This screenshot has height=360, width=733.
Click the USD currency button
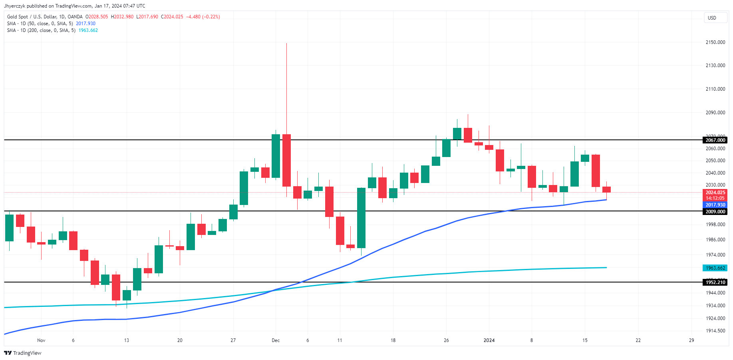[715, 18]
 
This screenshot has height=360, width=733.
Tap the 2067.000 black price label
[715, 140]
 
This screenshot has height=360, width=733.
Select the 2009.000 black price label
[715, 212]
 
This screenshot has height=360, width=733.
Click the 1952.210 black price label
[715, 282]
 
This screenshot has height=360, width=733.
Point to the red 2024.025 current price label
[715, 193]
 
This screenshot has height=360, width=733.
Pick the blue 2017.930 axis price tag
[715, 205]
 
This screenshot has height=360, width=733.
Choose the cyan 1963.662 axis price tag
[715, 268]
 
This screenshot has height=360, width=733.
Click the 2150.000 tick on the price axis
[715, 42]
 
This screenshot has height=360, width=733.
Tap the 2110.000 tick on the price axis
[715, 89]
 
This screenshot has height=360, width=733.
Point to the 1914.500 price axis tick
[715, 331]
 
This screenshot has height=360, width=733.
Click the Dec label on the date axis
[276, 340]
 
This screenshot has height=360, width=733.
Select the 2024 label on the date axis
[489, 340]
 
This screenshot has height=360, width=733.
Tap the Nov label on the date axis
[41, 340]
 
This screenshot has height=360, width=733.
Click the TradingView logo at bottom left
[23, 353]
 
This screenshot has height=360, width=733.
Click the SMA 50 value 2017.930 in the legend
[85, 24]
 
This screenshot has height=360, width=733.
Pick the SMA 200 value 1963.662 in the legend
[88, 30]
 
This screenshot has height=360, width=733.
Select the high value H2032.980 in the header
[122, 17]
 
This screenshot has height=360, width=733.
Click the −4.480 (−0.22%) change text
[203, 17]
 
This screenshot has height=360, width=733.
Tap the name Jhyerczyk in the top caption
[14, 6]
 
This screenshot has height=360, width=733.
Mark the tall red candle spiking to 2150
[286, 160]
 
